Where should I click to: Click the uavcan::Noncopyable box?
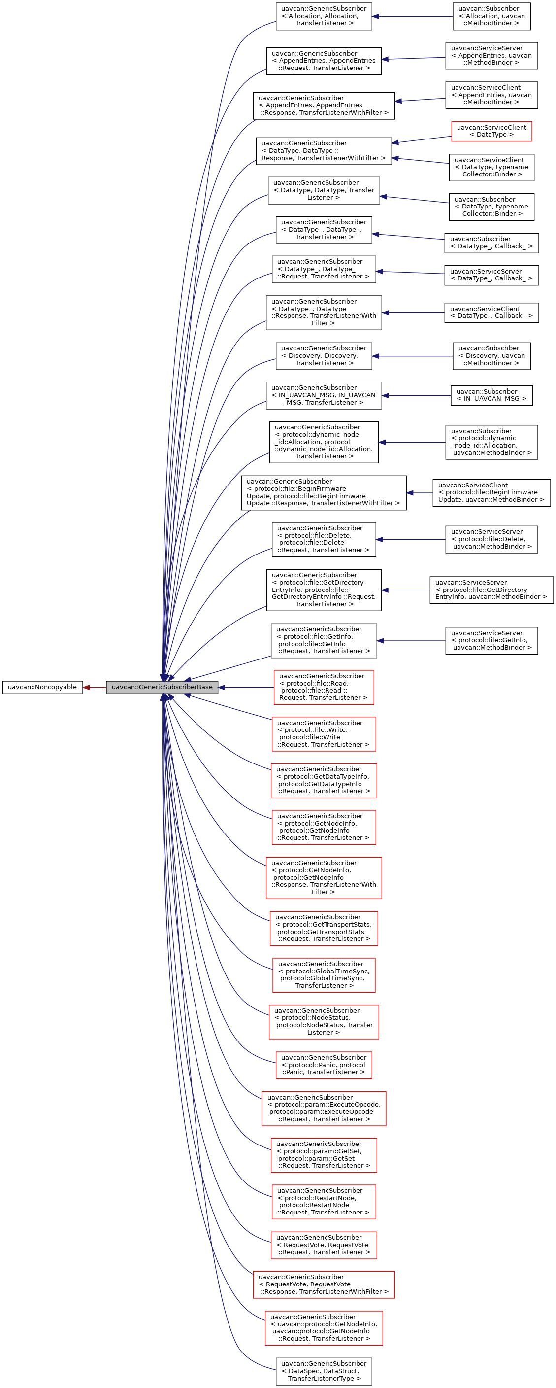coord(42,687)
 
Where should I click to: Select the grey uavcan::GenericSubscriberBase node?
coord(162,687)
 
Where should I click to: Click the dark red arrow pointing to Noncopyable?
coord(94,687)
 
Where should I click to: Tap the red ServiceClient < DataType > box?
coord(491,131)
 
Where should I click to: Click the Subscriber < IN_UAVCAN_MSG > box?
coord(491,395)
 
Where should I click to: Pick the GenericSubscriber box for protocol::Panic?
coord(324,1065)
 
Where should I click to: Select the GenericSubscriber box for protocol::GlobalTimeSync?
coord(324,975)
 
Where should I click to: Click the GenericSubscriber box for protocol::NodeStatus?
coord(324,1022)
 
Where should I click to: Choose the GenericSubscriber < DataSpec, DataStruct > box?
coord(324,1371)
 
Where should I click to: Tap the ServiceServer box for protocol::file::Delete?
coord(491,539)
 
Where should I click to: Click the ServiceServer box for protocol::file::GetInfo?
coord(491,641)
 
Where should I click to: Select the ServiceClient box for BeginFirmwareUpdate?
coord(491,492)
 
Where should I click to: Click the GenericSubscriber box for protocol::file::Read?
coord(324,687)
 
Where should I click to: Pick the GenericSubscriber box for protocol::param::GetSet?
coord(324,1155)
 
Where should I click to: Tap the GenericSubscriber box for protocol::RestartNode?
coord(324,1202)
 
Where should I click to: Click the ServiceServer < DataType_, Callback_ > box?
coord(491,275)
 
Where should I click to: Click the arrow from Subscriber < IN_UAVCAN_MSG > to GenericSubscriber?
coord(416,395)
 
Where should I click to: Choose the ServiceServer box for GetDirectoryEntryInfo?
coord(491,590)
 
